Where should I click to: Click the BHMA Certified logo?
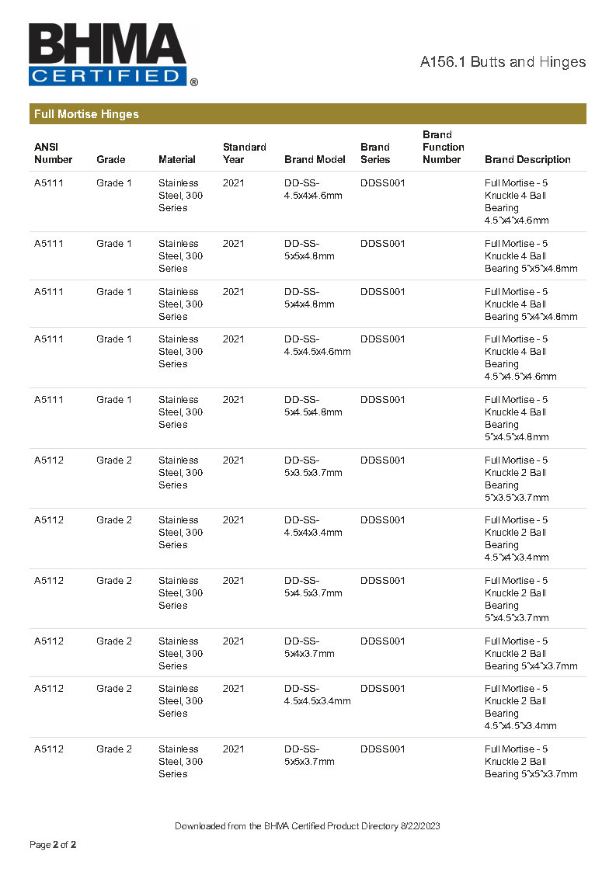pyautogui.click(x=112, y=54)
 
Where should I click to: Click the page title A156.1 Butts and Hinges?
pyautogui.click(x=503, y=62)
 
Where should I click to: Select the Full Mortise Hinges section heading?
pyautogui.click(x=86, y=114)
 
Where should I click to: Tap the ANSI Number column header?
pyautogui.click(x=53, y=153)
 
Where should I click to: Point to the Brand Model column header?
pyautogui.click(x=315, y=159)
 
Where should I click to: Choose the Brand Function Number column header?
pyautogui.click(x=443, y=147)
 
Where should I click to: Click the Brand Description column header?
pyautogui.click(x=527, y=159)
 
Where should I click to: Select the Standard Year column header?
pyautogui.click(x=244, y=153)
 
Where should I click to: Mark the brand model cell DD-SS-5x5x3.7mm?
pyautogui.click(x=309, y=755)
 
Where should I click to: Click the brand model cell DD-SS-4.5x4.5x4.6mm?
pyautogui.click(x=317, y=345)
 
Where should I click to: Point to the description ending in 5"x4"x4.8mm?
pyautogui.click(x=531, y=304)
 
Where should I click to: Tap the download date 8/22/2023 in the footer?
pyautogui.click(x=419, y=826)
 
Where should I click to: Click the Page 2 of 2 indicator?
pyautogui.click(x=53, y=844)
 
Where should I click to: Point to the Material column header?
pyautogui.click(x=177, y=159)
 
